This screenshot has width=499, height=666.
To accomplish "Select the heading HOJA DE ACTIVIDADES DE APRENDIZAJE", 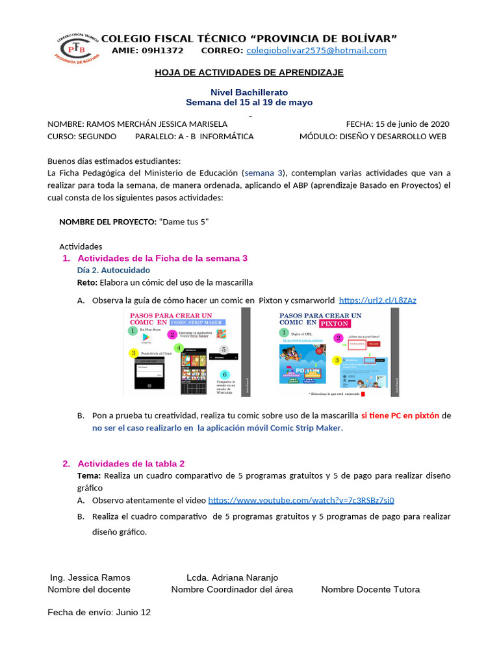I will coord(249,72).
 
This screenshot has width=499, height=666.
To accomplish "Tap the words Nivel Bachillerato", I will coord(249,92).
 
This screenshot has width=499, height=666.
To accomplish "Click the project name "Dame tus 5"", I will coord(185,222).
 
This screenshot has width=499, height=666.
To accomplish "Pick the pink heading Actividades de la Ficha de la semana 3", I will coord(162,258).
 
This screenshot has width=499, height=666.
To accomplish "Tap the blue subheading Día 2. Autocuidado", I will coord(114,270).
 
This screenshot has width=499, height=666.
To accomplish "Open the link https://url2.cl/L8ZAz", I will coord(377,300).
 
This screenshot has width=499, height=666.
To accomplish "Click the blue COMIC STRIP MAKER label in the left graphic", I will coord(196,322).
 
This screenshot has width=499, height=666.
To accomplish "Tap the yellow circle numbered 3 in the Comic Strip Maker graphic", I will coord(134,353).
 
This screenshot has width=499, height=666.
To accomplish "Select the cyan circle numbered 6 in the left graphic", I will coord(225,375).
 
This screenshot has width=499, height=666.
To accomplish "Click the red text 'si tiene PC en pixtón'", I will coord(400,415).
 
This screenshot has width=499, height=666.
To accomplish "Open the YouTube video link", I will coord(301,500).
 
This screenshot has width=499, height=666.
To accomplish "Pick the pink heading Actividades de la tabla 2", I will coord(131,464).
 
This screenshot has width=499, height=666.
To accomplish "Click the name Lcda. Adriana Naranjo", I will coord(232,578).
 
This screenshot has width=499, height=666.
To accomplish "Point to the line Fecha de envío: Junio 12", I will coord(99,612).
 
